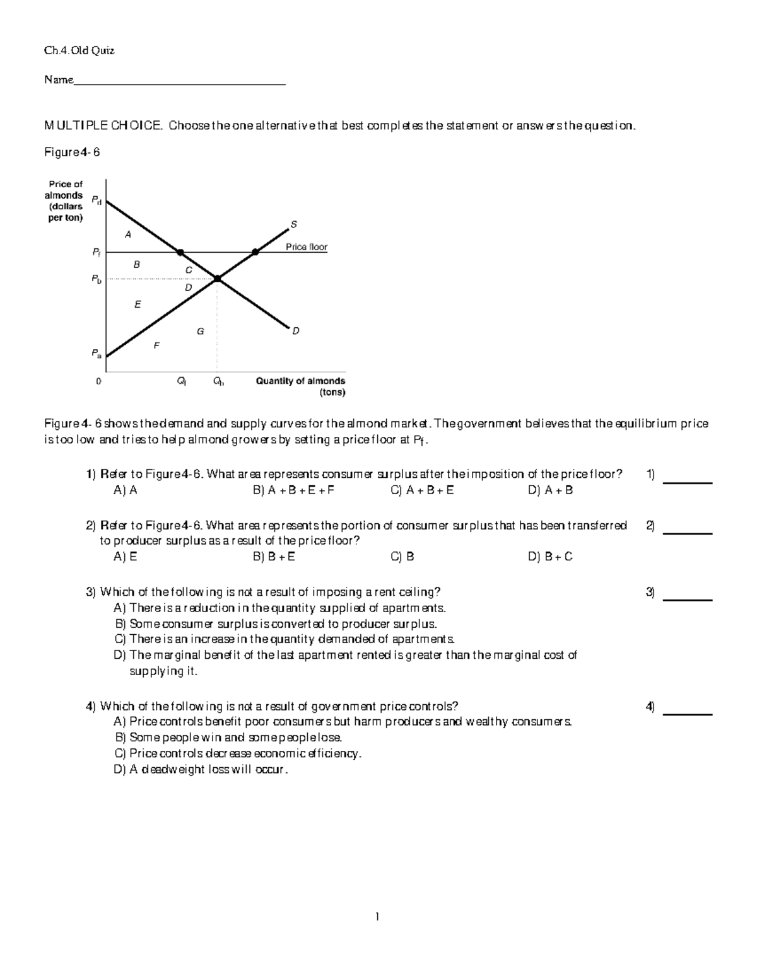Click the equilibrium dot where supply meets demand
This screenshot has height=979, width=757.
(x=217, y=278)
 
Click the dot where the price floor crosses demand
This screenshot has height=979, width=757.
(x=180, y=252)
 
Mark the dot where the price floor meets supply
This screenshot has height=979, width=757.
(x=255, y=252)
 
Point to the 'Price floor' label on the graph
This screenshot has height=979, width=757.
(x=307, y=247)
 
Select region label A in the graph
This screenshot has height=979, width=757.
(x=128, y=235)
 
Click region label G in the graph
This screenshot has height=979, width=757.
(x=200, y=331)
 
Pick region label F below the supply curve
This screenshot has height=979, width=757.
(x=156, y=345)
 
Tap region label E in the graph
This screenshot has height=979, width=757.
(x=138, y=304)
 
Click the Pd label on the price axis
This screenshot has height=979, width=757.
(x=96, y=200)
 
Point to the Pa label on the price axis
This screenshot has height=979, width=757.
(x=96, y=354)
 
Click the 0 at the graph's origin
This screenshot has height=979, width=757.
(x=98, y=381)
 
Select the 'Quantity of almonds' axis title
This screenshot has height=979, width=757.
(x=300, y=381)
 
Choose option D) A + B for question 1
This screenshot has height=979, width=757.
(x=550, y=490)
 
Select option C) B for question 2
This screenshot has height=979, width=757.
(x=402, y=557)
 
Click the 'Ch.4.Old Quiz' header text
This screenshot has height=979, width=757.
(x=79, y=51)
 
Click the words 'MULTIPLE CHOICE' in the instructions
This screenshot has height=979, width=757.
(x=103, y=126)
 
